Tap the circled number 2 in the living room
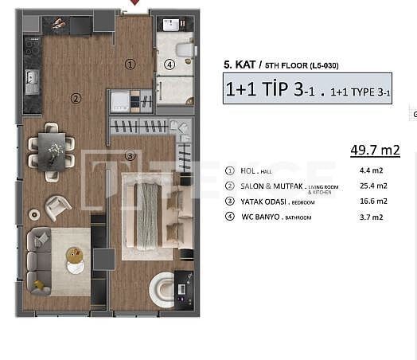76,99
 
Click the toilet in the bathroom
185,50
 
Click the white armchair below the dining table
57,208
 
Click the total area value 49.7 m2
374,149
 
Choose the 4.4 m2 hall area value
373,170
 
